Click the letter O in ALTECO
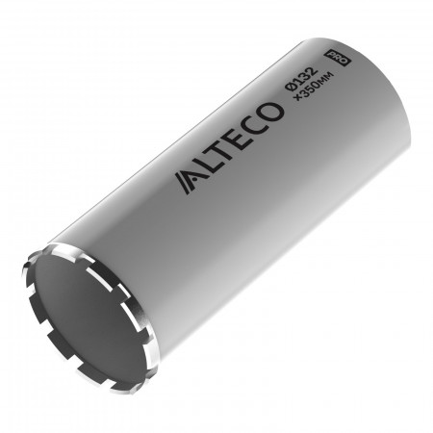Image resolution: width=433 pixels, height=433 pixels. (x=272, y=112)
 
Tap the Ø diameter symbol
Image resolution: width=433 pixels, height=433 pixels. (x=291, y=86)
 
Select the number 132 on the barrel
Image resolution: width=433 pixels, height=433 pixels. (x=305, y=75)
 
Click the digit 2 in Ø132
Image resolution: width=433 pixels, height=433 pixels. (x=312, y=71)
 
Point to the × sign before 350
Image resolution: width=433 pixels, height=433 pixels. (x=298, y=98)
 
